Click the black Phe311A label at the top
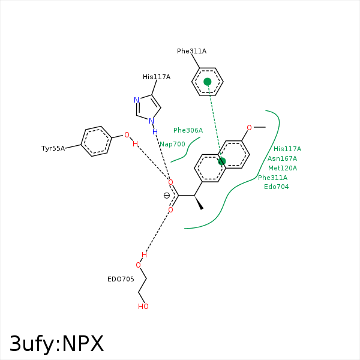click(191, 51)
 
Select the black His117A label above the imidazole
click(157, 77)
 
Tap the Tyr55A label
click(53, 148)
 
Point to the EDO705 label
click(121, 279)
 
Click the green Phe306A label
click(188, 130)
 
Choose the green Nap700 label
click(172, 144)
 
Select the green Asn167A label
click(282, 158)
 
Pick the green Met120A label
click(282, 168)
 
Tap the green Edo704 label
click(276, 187)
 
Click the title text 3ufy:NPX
click(57, 344)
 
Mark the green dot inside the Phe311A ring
click(208, 82)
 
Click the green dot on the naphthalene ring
click(221, 161)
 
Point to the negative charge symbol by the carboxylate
click(167, 196)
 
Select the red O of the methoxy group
click(250, 128)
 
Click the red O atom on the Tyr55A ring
click(127, 134)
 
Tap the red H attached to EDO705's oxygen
click(144, 254)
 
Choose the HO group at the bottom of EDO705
click(143, 307)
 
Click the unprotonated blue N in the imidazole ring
click(137, 100)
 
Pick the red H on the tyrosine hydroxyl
click(135, 144)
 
